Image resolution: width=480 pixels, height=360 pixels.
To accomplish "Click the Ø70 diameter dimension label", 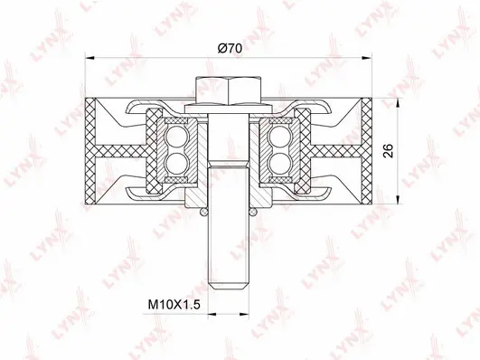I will click(229, 51).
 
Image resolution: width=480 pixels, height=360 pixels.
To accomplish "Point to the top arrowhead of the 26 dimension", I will click(399, 99).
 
